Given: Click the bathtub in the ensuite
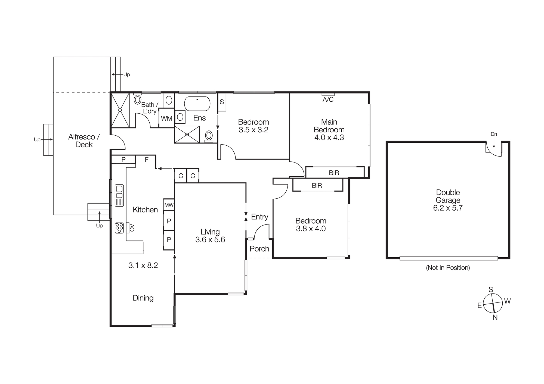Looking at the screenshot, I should click(197, 104).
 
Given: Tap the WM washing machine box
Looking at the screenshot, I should click(166, 118).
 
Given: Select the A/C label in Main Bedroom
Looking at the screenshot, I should click(328, 99).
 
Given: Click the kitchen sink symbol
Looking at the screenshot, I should click(119, 195).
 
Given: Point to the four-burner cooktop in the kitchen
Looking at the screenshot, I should click(119, 228).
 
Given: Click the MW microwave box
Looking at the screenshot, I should click(169, 205).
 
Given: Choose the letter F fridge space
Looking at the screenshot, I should click(146, 160).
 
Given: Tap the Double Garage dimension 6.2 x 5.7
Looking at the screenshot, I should click(448, 208).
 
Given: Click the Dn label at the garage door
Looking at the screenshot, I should click(494, 134).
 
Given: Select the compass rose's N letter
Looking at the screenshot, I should click(495, 317).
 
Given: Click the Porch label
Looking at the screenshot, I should click(259, 249).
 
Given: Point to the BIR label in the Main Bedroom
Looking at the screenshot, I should click(334, 173).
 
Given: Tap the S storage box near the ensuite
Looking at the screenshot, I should click(222, 102).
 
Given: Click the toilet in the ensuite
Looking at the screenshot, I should click(209, 135).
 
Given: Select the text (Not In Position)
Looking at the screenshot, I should click(448, 268).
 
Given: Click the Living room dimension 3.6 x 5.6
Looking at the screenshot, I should click(210, 240).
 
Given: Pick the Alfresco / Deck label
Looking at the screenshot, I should click(84, 141).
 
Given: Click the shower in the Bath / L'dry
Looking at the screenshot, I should click(120, 110).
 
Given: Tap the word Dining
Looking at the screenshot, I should click(143, 298).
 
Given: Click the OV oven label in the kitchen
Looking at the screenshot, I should click(132, 228).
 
